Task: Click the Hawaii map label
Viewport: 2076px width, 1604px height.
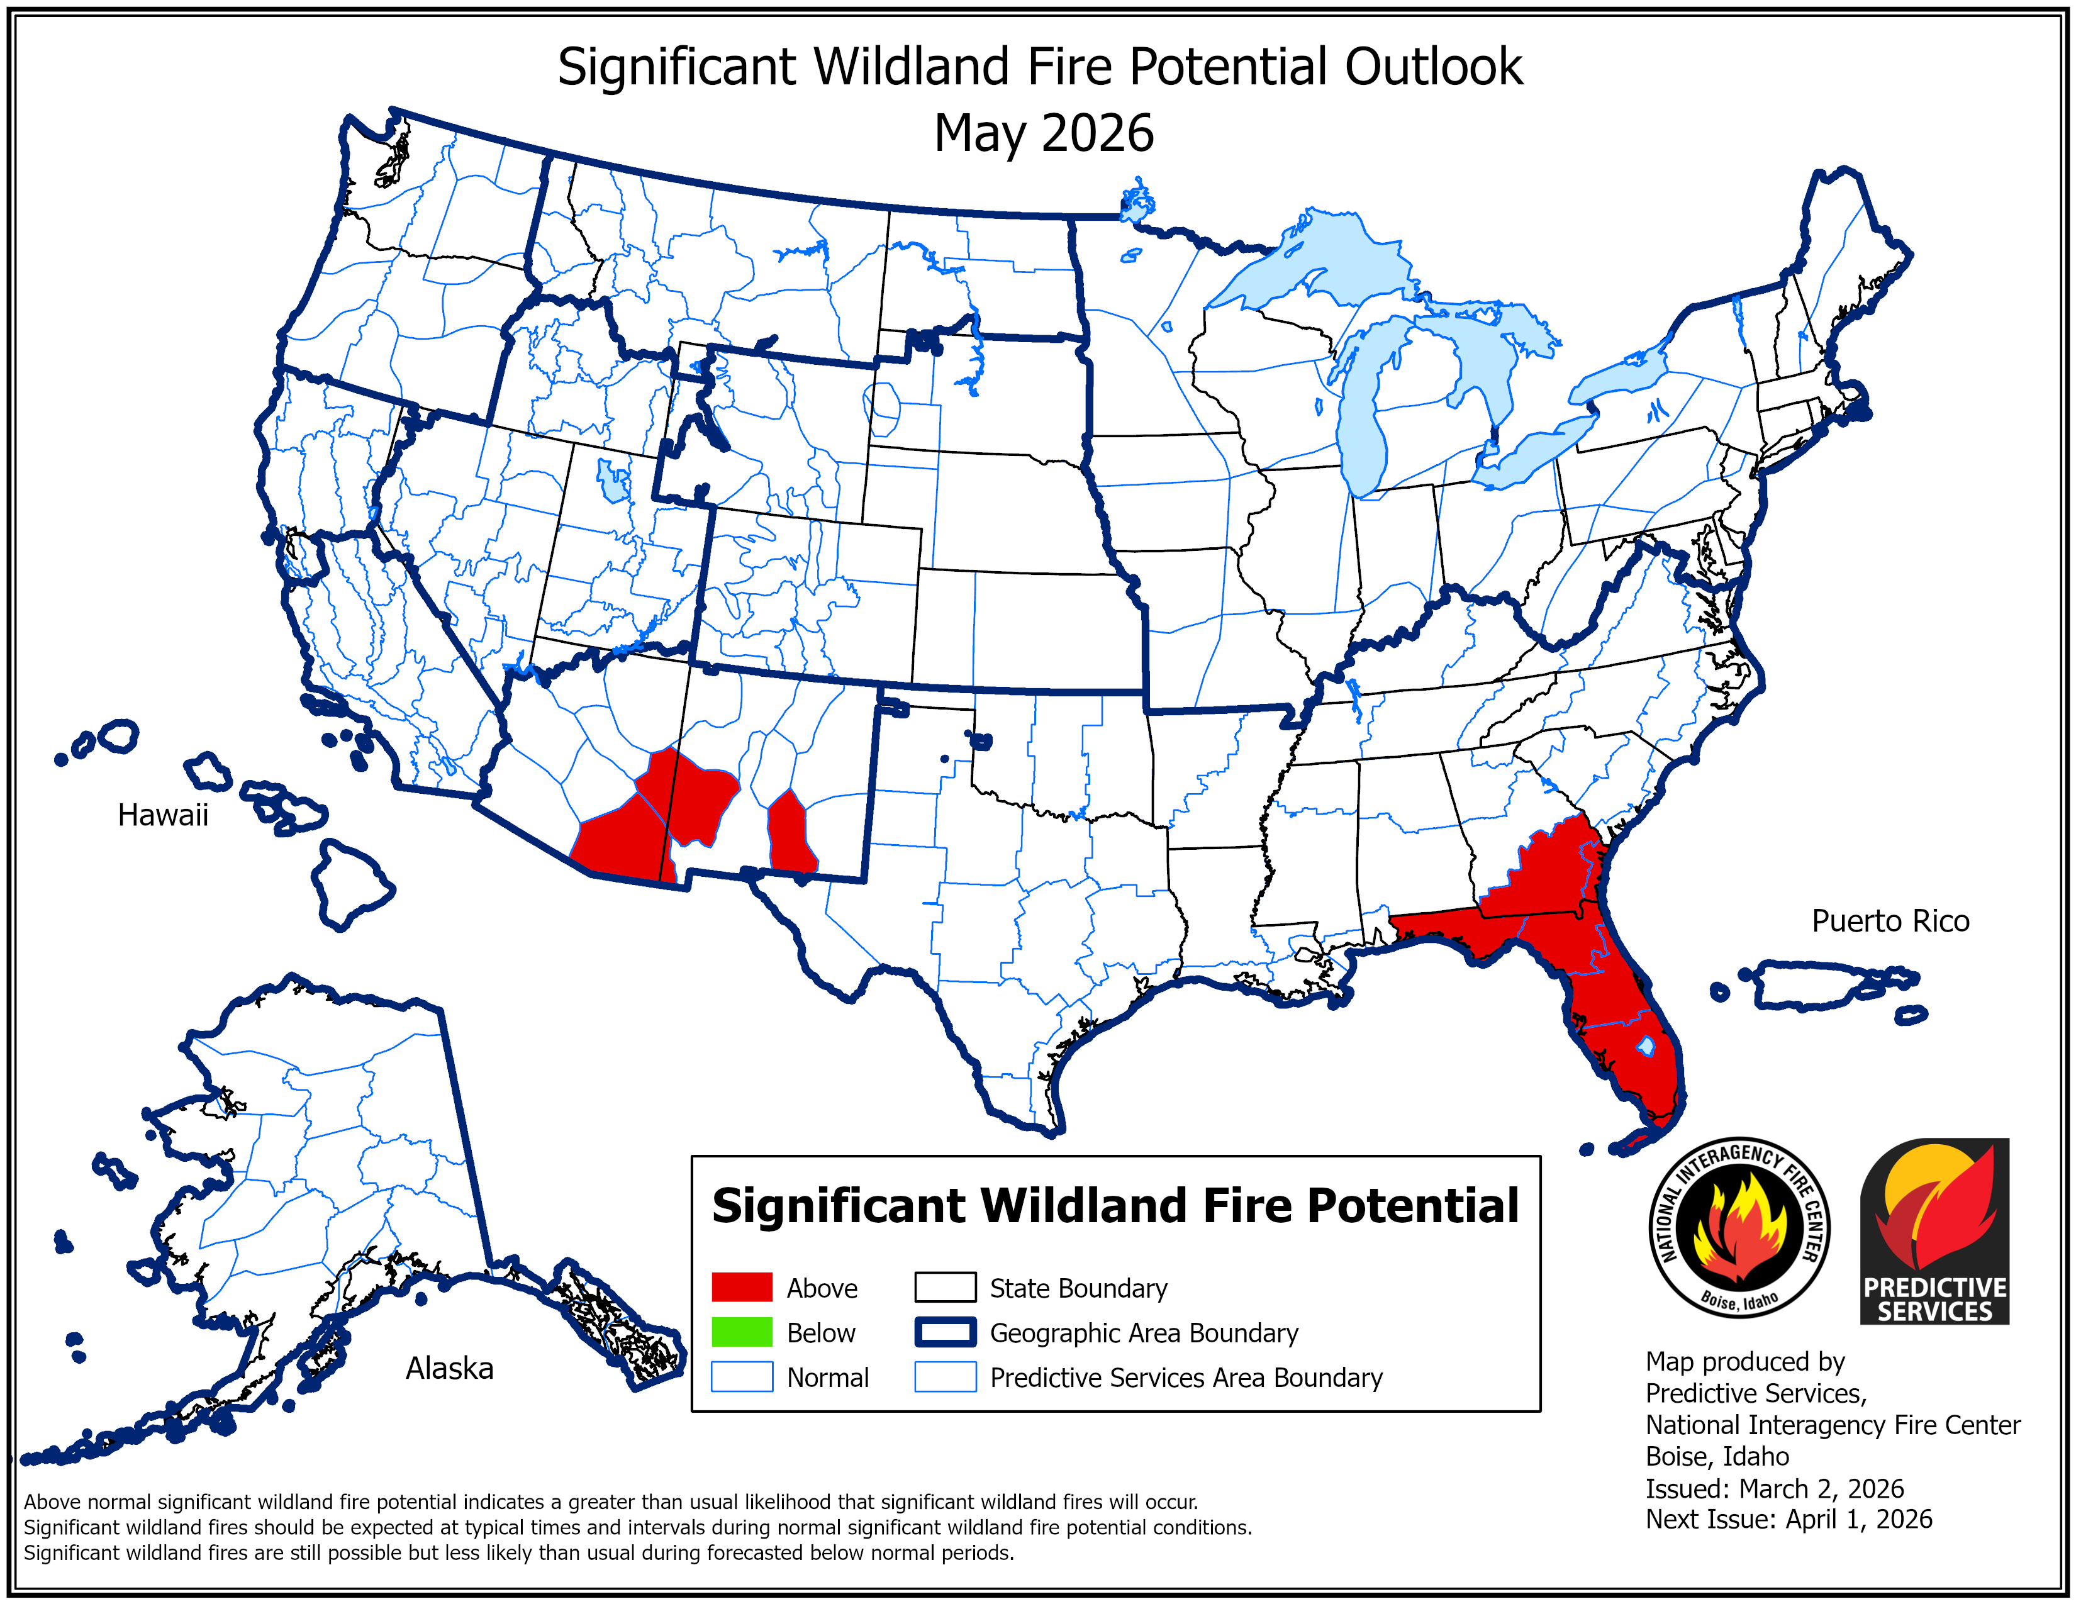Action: point(162,815)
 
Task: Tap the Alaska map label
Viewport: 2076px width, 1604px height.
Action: point(450,1368)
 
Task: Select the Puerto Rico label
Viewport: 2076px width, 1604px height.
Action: point(1890,921)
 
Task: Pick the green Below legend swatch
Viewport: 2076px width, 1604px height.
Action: point(742,1332)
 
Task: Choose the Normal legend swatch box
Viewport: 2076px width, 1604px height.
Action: point(742,1377)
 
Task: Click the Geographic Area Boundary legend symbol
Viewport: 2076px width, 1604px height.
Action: point(945,1332)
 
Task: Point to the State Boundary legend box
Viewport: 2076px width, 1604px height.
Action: point(945,1288)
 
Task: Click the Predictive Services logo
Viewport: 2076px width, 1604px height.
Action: point(1934,1230)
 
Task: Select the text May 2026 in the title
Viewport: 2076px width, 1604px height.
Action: point(1043,133)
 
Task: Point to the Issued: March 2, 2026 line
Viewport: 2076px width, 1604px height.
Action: point(1774,1488)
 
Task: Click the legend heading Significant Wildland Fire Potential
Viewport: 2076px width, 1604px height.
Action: point(1115,1206)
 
